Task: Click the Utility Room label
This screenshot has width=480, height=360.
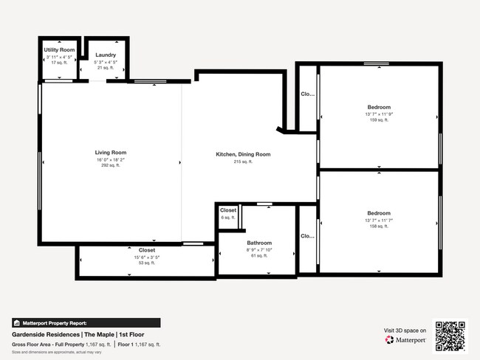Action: pyautogui.click(x=59, y=49)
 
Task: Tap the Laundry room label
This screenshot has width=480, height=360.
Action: pyautogui.click(x=106, y=55)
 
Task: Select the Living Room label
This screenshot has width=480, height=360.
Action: pyautogui.click(x=111, y=153)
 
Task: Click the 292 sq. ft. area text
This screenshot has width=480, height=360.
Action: pyautogui.click(x=111, y=166)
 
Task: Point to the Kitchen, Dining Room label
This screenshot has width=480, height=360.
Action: pyautogui.click(x=243, y=154)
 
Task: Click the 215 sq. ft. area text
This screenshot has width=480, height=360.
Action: pyautogui.click(x=243, y=162)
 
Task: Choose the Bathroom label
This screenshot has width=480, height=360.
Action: pyautogui.click(x=259, y=243)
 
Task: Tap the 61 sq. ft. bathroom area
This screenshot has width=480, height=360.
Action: pyautogui.click(x=259, y=255)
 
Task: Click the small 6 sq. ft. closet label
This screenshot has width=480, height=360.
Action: pyautogui.click(x=228, y=218)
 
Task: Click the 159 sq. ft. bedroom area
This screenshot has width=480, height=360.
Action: pyautogui.click(x=379, y=120)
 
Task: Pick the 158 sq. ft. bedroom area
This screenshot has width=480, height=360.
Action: pyautogui.click(x=379, y=226)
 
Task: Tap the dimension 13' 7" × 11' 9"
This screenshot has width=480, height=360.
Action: pyautogui.click(x=379, y=114)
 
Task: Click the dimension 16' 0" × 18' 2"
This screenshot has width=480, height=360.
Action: pyautogui.click(x=111, y=159)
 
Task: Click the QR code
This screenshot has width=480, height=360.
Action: pyautogui.click(x=450, y=336)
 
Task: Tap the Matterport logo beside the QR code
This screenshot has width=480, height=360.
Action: pyautogui.click(x=405, y=340)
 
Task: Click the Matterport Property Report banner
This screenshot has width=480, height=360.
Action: pyautogui.click(x=85, y=322)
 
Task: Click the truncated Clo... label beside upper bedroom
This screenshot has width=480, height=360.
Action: pyautogui.click(x=307, y=94)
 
